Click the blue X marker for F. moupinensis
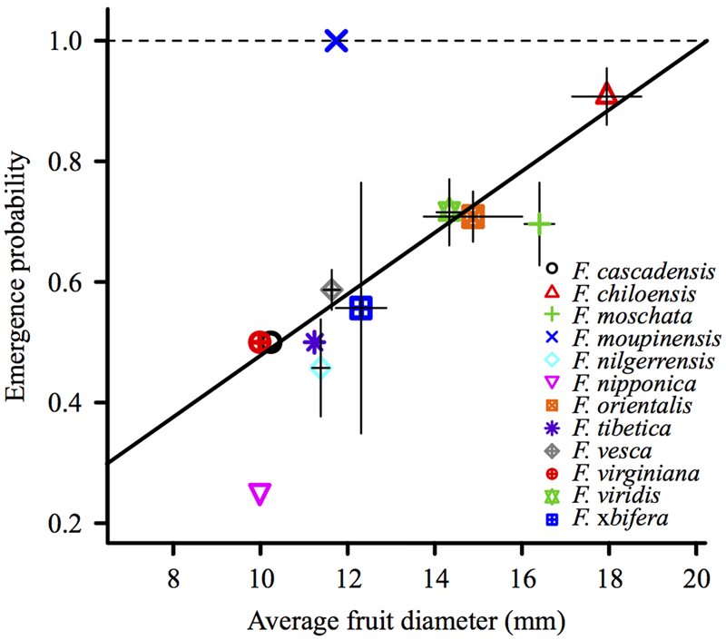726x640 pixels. [337, 40]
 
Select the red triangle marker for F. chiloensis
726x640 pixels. [606, 94]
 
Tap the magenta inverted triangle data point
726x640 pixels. [260, 493]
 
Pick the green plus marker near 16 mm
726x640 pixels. [540, 222]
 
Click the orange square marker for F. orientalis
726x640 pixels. [473, 217]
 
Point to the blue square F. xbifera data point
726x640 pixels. [360, 308]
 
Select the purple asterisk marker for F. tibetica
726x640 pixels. [314, 342]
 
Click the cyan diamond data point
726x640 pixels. [320, 368]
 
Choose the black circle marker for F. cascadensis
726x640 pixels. [271, 342]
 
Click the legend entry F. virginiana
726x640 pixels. [634, 473]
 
